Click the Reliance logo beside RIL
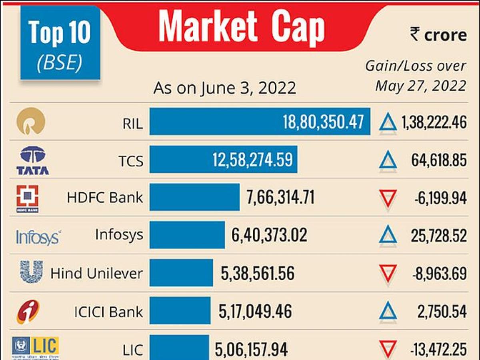31,121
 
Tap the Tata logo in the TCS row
33,160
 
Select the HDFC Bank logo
28,198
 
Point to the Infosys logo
38,237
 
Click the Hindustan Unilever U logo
32,272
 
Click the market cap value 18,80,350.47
324,122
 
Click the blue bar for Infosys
187,235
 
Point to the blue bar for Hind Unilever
181,273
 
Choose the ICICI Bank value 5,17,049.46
255,311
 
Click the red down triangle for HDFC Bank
388,198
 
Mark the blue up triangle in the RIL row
388,122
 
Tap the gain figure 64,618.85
439,160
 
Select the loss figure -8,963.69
439,274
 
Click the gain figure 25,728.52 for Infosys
439,236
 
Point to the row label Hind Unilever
96,274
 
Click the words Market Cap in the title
242,27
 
